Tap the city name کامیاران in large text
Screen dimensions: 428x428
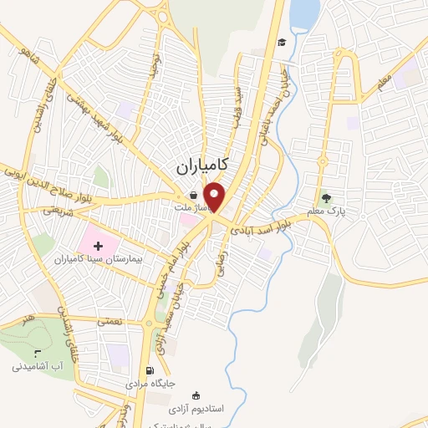204,166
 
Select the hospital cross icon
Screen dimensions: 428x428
99,246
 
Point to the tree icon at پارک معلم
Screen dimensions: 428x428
326,199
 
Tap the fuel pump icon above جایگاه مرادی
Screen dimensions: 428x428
150,371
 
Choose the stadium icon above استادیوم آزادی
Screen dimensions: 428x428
197,395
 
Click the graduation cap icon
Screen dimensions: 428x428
282,43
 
